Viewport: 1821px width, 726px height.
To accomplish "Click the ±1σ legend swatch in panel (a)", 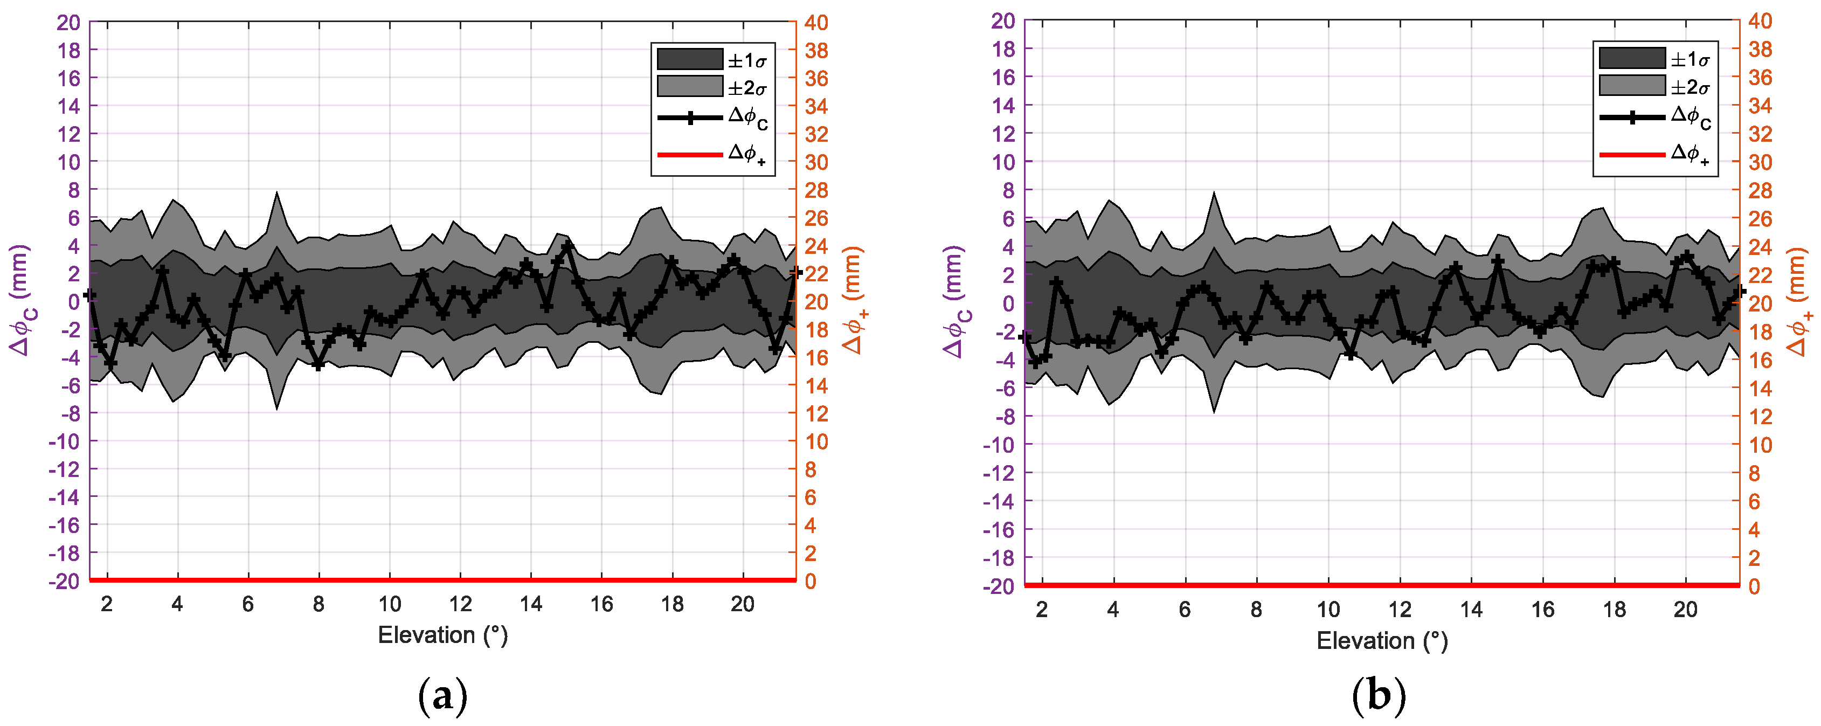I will [689, 59].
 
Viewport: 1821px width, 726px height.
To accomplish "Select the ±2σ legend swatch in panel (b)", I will [1631, 86].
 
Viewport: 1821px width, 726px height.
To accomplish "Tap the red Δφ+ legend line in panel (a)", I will [689, 154].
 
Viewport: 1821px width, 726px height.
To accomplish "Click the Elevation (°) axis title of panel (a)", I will [442, 635].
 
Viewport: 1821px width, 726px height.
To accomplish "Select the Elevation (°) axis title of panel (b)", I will [1381, 640].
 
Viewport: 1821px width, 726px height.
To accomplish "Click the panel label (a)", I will [442, 696].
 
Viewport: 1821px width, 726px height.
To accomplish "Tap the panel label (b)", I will [1379, 696].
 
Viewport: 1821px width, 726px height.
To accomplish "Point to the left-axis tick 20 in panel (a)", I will [68, 23].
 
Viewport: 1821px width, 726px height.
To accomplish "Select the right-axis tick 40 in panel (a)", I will [816, 23].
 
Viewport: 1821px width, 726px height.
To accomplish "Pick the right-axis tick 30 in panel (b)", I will [1760, 162].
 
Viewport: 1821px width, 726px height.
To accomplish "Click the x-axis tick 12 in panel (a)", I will [460, 604].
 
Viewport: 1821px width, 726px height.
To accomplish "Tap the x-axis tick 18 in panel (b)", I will [1614, 610].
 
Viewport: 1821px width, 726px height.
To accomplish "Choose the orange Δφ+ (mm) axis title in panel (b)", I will [1799, 302].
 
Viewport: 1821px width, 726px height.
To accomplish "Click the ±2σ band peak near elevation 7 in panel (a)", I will [276, 193].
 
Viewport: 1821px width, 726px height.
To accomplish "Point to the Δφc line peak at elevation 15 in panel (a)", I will [567, 245].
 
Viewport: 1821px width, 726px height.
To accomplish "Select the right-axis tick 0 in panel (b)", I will [1754, 586].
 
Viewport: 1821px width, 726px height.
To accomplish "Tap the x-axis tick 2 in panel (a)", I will [107, 604].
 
